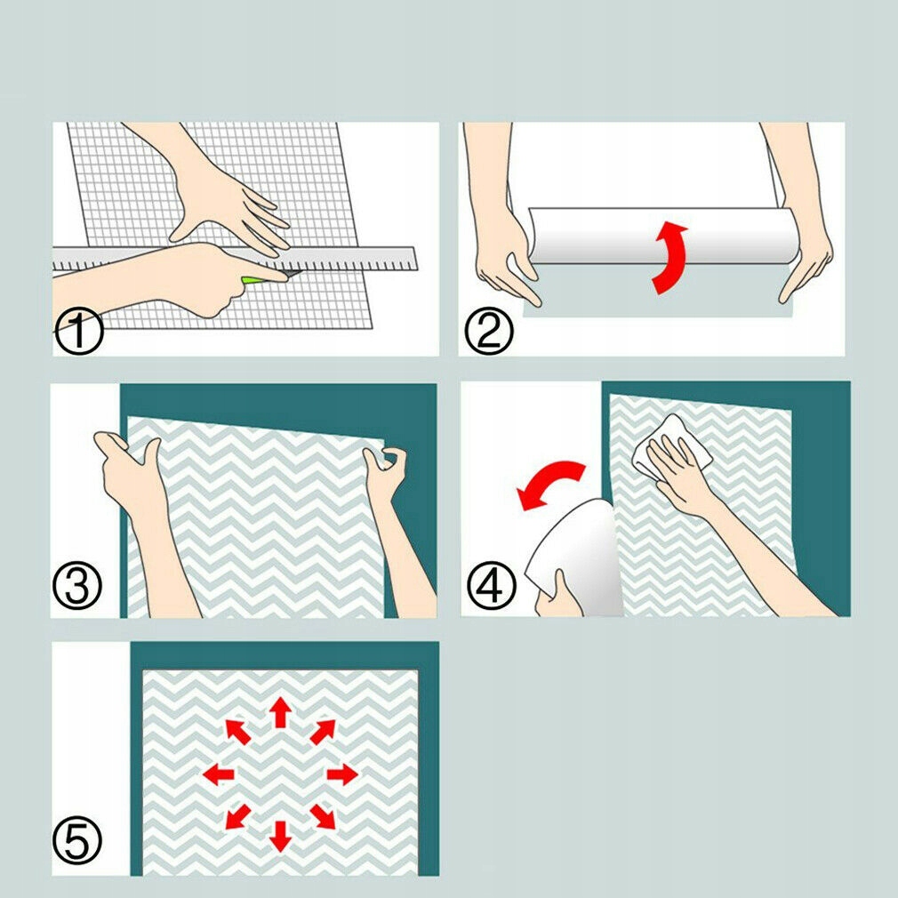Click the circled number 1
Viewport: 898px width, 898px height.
(x=79, y=332)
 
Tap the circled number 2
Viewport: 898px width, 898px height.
(x=488, y=332)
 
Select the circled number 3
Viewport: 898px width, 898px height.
(x=76, y=585)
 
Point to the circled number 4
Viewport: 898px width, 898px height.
(x=492, y=585)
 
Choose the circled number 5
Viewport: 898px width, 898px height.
(x=76, y=840)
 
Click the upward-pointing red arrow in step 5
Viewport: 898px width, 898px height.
(x=281, y=712)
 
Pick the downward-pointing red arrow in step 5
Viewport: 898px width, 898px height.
(x=281, y=836)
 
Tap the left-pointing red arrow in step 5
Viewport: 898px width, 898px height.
(x=219, y=774)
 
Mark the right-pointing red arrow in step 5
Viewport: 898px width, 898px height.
(x=342, y=774)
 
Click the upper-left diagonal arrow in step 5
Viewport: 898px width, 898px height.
(x=237, y=732)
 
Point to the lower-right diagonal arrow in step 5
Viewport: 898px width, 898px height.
(x=324, y=817)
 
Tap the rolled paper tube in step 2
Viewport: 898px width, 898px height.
(x=662, y=236)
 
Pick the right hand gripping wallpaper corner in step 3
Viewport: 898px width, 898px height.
(x=395, y=516)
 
